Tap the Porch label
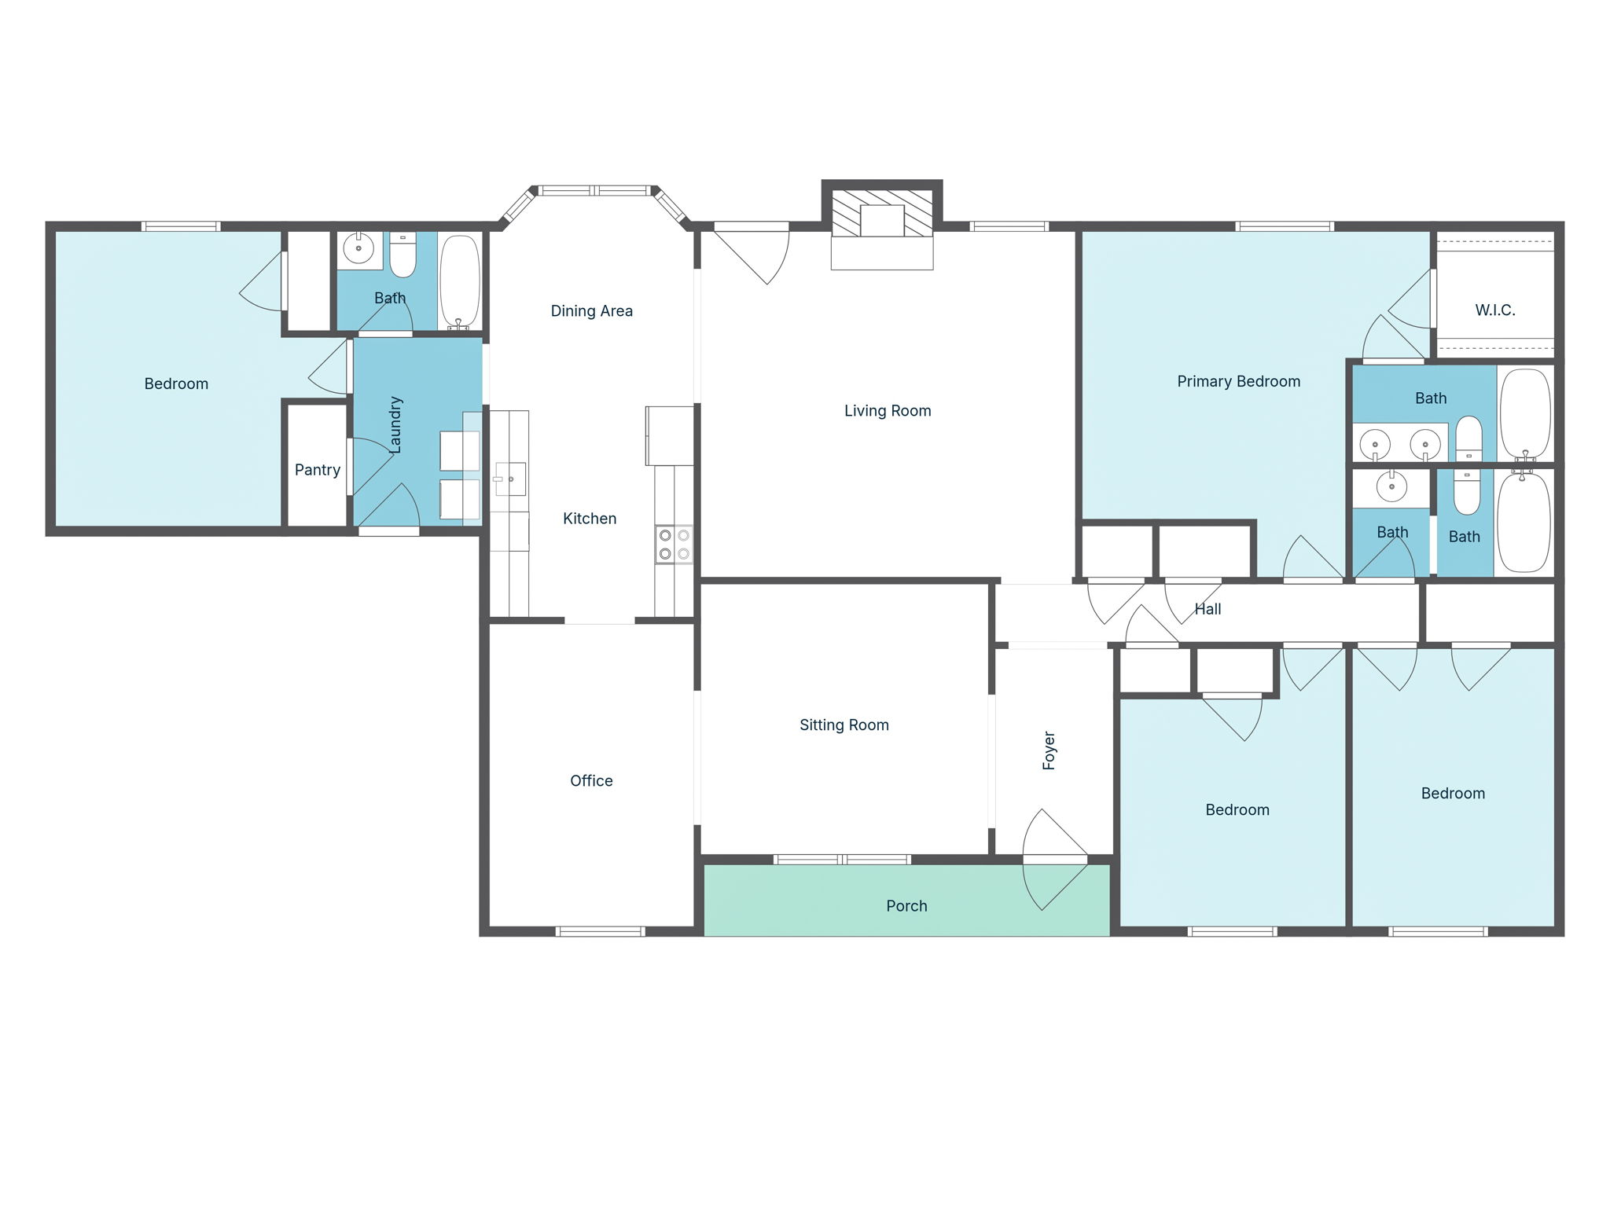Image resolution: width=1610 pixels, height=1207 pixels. click(906, 906)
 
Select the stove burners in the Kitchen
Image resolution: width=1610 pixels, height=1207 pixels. click(675, 544)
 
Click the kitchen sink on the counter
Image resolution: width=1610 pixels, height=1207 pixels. click(509, 479)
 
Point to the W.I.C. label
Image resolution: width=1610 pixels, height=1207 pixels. click(1494, 310)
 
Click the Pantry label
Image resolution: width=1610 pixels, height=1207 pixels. click(318, 470)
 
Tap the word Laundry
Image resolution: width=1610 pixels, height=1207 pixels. click(395, 424)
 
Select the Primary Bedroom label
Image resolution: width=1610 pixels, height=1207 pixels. click(1238, 382)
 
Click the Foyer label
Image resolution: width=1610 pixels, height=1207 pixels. click(1049, 750)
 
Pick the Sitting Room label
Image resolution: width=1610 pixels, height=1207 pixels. click(844, 725)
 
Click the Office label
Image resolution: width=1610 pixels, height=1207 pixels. click(591, 781)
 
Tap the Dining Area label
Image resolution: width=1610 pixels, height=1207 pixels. click(591, 311)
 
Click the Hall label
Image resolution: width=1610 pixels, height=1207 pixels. click(1207, 609)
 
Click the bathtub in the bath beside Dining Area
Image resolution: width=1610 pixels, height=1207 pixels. click(459, 281)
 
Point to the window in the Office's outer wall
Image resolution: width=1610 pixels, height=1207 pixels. click(601, 932)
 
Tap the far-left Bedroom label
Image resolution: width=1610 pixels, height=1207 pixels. click(176, 384)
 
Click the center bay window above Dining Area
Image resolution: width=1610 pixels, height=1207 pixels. click(595, 190)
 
